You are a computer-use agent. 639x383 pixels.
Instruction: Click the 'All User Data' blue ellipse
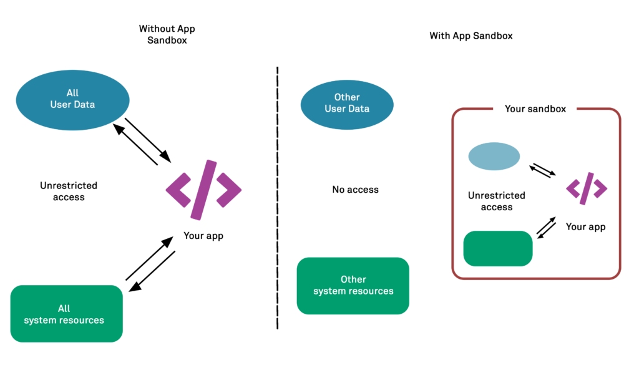tap(72, 99)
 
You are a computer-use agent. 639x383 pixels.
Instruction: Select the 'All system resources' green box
tap(67, 314)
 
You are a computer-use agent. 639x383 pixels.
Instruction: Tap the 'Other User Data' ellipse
tap(347, 103)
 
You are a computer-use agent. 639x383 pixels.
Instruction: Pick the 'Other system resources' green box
tap(353, 286)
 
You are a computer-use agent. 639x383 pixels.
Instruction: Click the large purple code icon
tap(203, 190)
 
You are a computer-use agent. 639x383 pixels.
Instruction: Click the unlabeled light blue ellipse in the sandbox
tap(494, 157)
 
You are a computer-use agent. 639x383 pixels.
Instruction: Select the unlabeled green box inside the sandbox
tap(498, 248)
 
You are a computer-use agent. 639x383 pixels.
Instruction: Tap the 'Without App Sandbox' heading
tap(167, 34)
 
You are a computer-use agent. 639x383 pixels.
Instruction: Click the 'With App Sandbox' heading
tap(471, 36)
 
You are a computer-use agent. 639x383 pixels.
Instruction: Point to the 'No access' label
tap(355, 190)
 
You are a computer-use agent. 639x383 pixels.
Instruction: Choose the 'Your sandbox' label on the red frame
tap(535, 109)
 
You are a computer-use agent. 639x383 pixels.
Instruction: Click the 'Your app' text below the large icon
tap(203, 236)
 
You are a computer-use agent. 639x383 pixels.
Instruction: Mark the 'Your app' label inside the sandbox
tap(585, 226)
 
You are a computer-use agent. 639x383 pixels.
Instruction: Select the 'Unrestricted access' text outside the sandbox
tap(69, 192)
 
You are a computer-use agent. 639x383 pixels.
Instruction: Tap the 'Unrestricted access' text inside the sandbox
tap(497, 201)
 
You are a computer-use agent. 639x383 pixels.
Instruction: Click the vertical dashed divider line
tap(277, 200)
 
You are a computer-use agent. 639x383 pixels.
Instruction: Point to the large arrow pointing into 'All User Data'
tap(135, 144)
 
